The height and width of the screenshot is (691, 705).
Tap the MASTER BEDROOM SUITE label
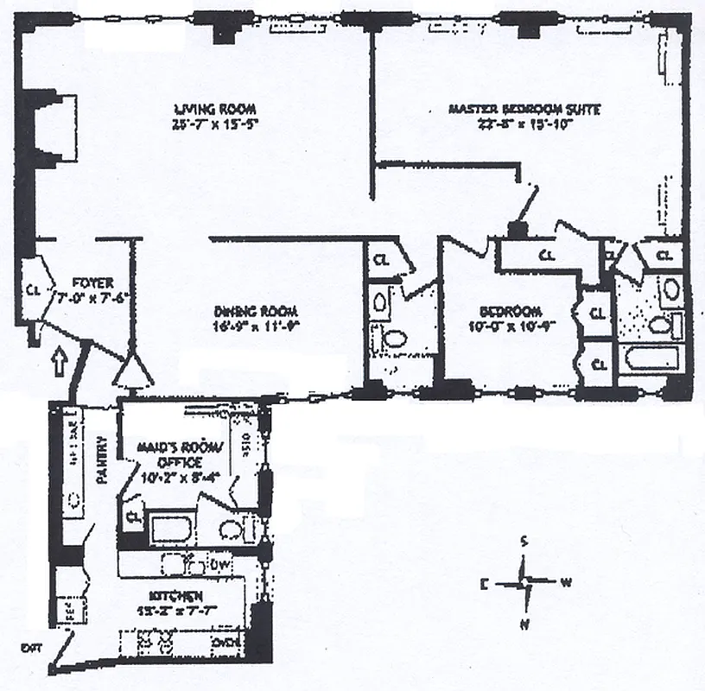[524, 110]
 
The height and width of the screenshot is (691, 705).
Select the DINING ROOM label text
[257, 312]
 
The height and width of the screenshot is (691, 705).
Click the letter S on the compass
[524, 542]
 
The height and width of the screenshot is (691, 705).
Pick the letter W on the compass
[567, 582]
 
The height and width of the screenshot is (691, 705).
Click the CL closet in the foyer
[34, 290]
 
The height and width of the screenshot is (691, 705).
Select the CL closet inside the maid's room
[133, 517]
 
